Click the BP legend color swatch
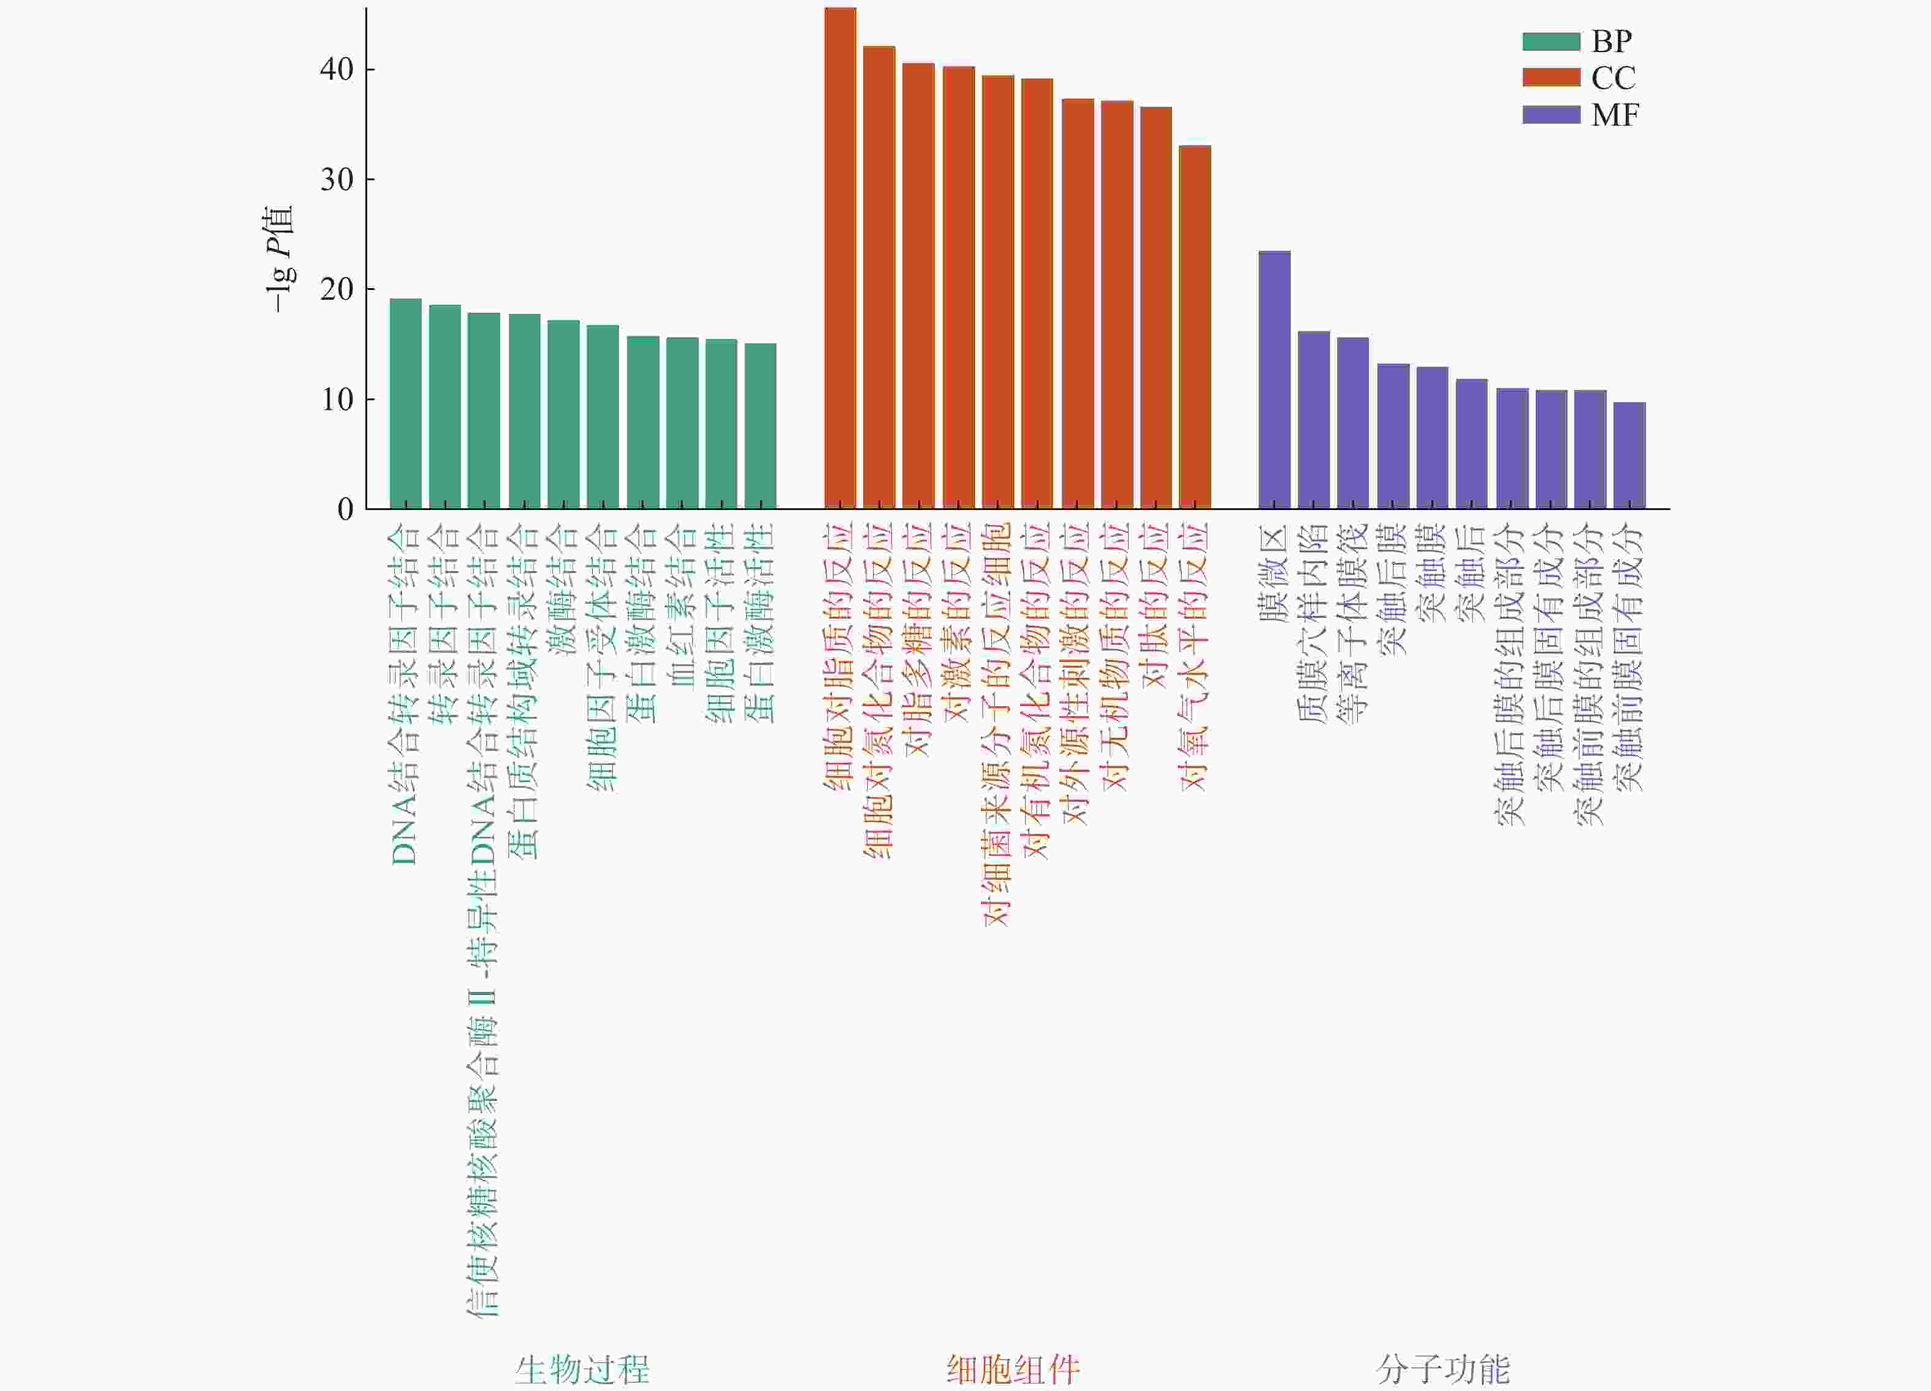(1550, 41)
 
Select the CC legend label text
(1613, 78)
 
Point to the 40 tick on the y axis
(337, 70)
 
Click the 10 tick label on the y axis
(337, 399)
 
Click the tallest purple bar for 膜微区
(1274, 379)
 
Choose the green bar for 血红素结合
(682, 423)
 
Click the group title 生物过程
(582, 1369)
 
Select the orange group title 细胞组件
(1013, 1369)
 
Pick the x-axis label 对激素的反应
(958, 622)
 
